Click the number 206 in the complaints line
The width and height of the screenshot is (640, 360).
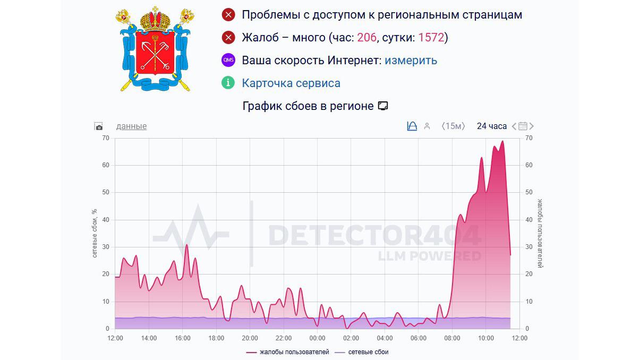[366, 38]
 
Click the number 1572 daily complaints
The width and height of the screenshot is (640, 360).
[431, 38]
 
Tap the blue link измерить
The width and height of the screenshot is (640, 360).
[411, 61]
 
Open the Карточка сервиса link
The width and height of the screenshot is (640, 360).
[291, 83]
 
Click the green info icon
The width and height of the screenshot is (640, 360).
[228, 83]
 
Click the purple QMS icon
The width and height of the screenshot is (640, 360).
[228, 60]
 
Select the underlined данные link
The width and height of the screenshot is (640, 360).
[131, 126]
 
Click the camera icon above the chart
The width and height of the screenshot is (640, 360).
[98, 126]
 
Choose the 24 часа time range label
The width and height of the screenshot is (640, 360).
[491, 126]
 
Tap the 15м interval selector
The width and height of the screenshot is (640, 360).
[453, 126]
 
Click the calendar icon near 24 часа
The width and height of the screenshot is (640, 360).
[523, 126]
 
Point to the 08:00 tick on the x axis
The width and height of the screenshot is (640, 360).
[452, 338]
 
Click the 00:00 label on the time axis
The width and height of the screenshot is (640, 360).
[317, 338]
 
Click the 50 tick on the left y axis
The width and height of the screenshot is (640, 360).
[105, 192]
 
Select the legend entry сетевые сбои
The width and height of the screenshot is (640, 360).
[366, 352]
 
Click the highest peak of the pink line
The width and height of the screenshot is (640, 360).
[502, 142]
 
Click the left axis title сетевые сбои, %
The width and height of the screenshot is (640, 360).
[95, 233]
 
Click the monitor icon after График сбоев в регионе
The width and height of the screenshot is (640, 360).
[382, 106]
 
